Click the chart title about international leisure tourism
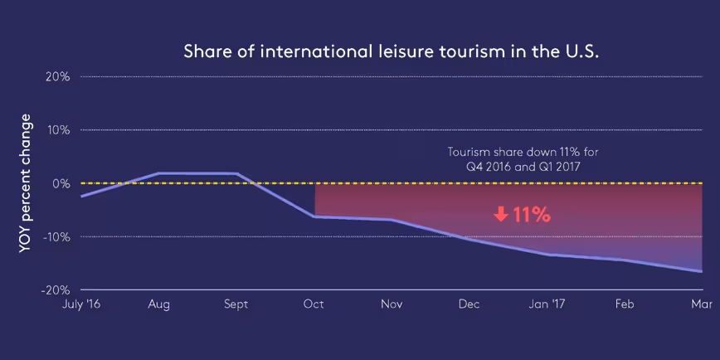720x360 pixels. (x=391, y=51)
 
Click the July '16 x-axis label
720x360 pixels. (x=80, y=304)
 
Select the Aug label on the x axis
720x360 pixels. (x=158, y=304)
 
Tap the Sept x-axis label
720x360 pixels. (x=236, y=304)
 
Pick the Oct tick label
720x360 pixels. (x=314, y=304)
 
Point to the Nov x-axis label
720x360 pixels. (x=392, y=304)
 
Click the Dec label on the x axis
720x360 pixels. (x=469, y=304)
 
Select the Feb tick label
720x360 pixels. (x=625, y=304)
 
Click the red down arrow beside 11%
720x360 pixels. (x=500, y=214)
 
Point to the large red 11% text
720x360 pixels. (x=532, y=214)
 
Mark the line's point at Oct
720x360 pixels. (x=315, y=216)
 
